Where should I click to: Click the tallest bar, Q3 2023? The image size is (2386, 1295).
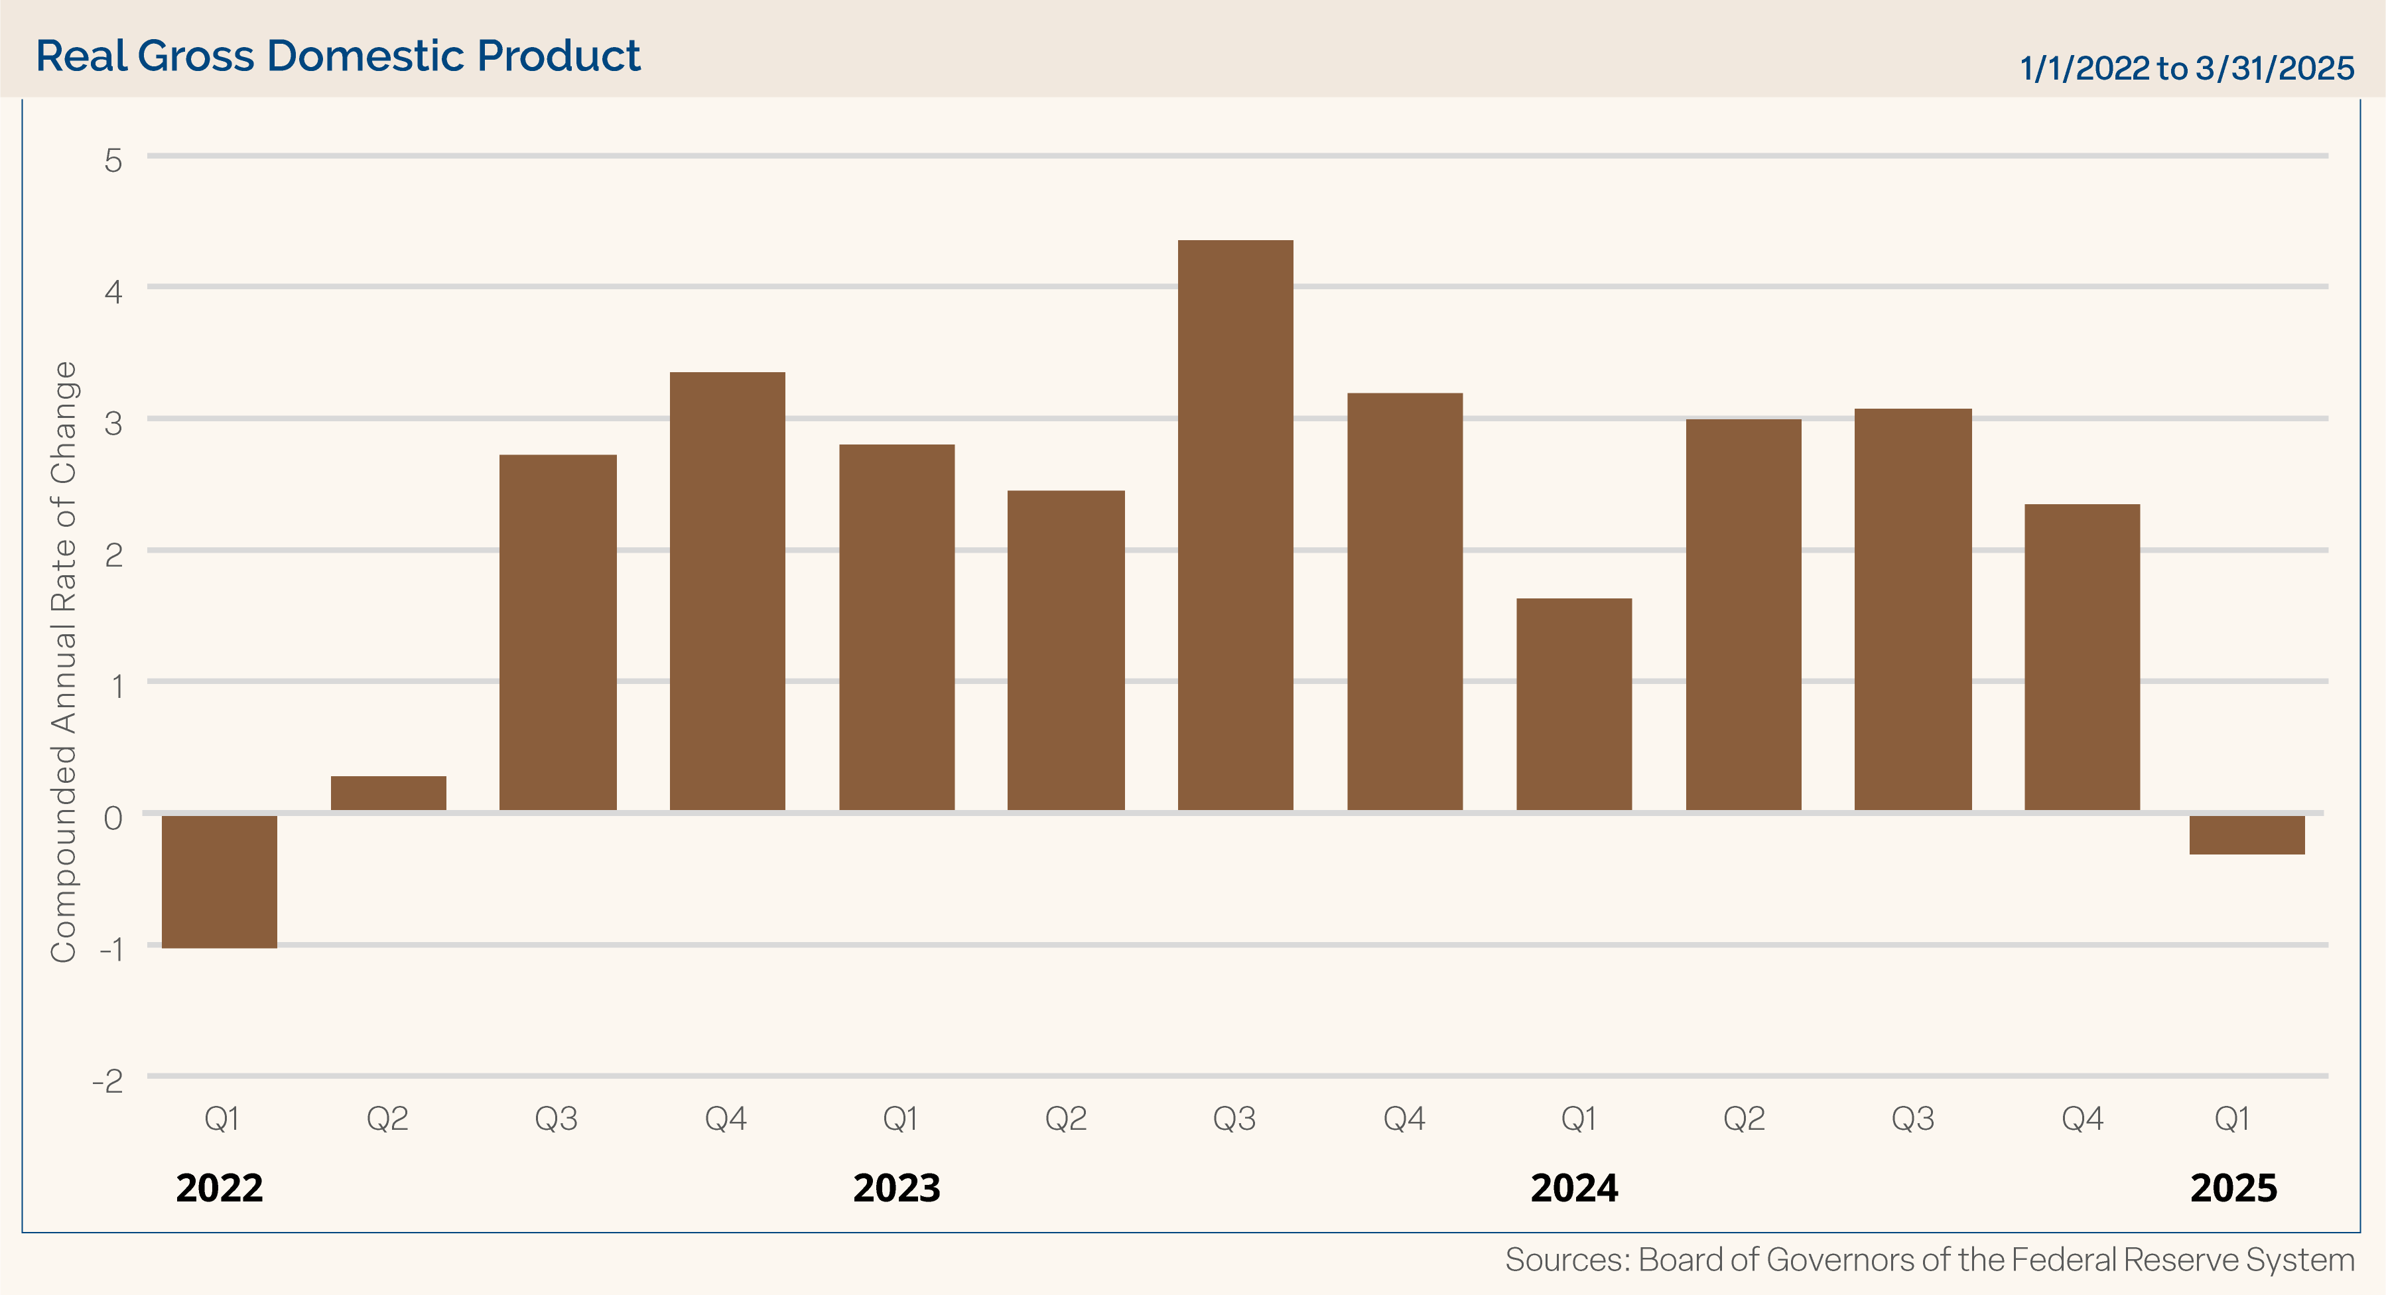pyautogui.click(x=1234, y=525)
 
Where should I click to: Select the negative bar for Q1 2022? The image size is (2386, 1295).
pyautogui.click(x=220, y=881)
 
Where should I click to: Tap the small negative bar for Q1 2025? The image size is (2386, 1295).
pyautogui.click(x=2246, y=835)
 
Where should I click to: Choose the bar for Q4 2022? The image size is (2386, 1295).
pyautogui.click(x=727, y=591)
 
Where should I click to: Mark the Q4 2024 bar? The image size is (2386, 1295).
pyautogui.click(x=2082, y=657)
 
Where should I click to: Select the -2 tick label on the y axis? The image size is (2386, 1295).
pyautogui.click(x=107, y=1081)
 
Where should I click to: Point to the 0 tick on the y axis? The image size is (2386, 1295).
pyautogui.click(x=113, y=818)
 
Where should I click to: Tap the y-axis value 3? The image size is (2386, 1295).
pyautogui.click(x=113, y=423)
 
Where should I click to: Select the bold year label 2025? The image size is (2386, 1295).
pyautogui.click(x=2233, y=1188)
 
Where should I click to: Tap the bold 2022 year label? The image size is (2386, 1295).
pyautogui.click(x=220, y=1188)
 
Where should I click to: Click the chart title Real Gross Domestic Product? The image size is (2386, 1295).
pyautogui.click(x=338, y=56)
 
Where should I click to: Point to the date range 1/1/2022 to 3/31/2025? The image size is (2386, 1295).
pyautogui.click(x=2186, y=68)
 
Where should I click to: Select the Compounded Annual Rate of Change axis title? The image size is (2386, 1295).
pyautogui.click(x=63, y=661)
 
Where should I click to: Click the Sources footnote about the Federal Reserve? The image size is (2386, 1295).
pyautogui.click(x=1930, y=1260)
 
